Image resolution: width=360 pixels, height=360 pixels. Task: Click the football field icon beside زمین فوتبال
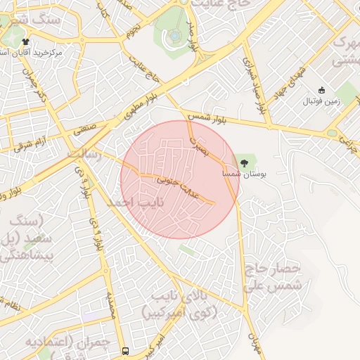tap(322, 90)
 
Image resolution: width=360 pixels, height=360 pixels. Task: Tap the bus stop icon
tap(125, 351)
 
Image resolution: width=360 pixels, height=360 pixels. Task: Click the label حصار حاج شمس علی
tap(274, 278)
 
